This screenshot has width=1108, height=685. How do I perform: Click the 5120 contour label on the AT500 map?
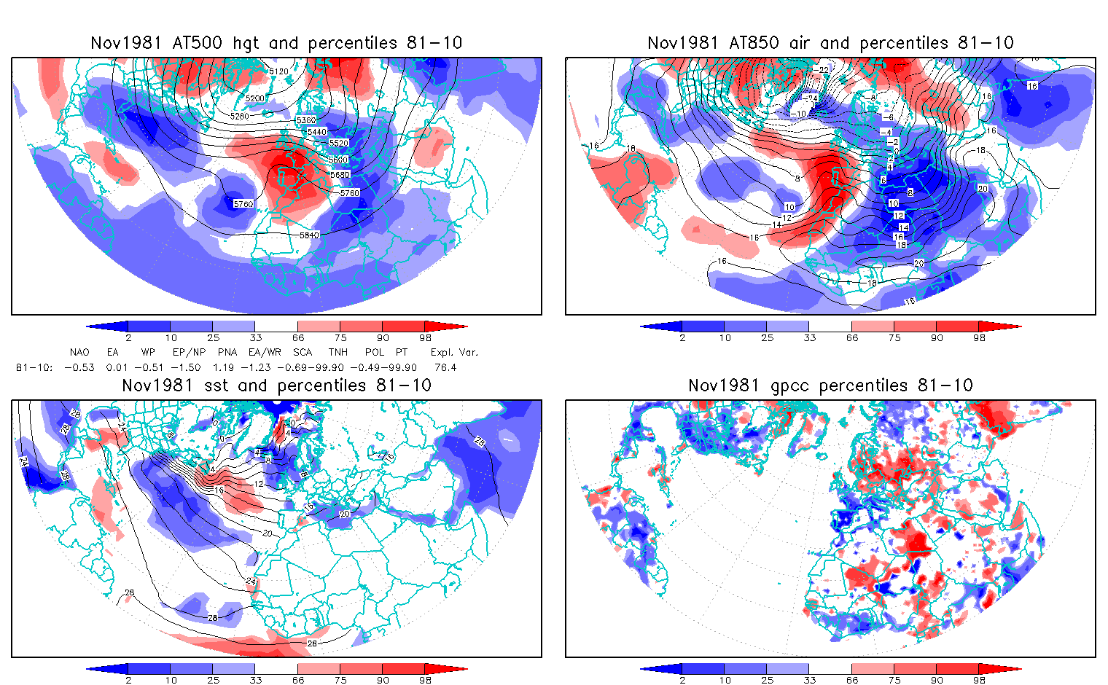click(278, 71)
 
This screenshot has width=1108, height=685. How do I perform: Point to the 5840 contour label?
click(309, 235)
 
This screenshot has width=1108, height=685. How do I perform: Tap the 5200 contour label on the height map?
click(255, 98)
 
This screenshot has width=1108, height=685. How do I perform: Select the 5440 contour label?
click(317, 132)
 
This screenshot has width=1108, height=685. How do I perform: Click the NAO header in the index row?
click(79, 352)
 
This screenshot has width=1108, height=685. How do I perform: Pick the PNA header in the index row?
click(227, 352)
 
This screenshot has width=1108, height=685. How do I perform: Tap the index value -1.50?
click(187, 367)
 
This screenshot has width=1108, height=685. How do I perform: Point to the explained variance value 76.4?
click(445, 367)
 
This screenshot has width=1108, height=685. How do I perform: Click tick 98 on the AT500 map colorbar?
click(425, 337)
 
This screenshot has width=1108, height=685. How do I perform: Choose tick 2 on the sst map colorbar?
click(128, 680)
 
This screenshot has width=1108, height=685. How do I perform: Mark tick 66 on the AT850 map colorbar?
click(852, 337)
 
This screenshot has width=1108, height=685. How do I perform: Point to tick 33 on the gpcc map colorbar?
click(809, 680)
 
